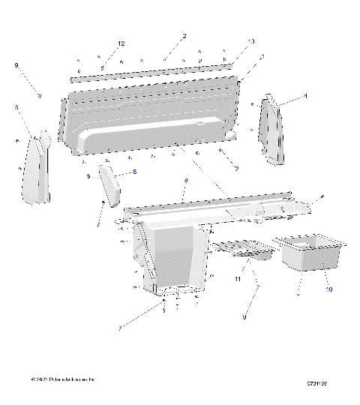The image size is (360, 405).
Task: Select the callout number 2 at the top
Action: (x=184, y=36)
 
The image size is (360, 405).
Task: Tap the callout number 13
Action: (x=251, y=41)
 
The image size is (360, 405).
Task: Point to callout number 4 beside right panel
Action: (x=304, y=97)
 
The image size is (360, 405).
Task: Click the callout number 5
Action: (x=16, y=108)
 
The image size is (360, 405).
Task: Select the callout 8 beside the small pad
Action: (x=133, y=172)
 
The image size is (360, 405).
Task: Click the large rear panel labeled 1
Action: (x=150, y=120)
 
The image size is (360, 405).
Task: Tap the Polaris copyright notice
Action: (x=64, y=382)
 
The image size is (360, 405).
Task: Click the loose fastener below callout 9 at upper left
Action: (x=40, y=94)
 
